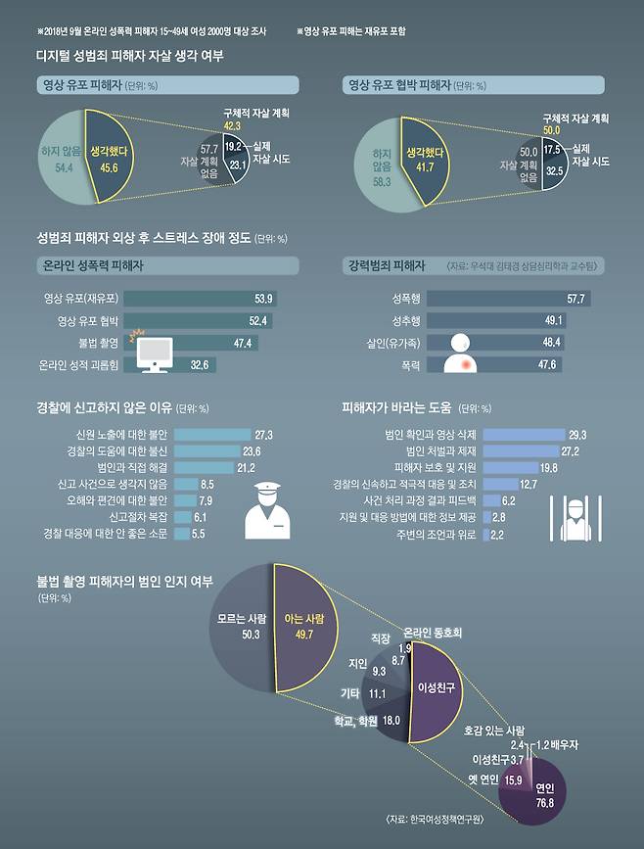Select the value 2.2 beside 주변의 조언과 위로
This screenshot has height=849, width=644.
(x=496, y=535)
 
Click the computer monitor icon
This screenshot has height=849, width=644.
(x=153, y=354)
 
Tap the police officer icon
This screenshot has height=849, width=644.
(x=267, y=511)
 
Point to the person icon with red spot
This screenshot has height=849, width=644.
(x=463, y=355)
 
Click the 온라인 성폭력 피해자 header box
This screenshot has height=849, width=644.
(x=165, y=265)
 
